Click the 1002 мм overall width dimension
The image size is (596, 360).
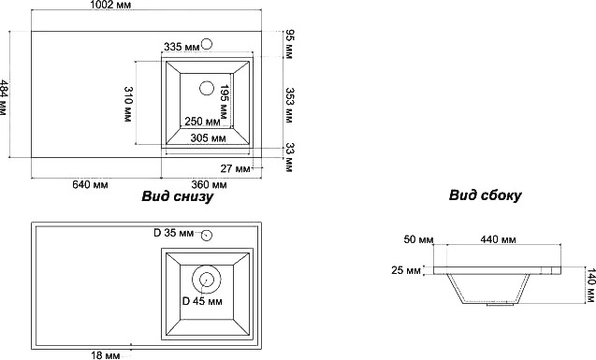tap(110, 4)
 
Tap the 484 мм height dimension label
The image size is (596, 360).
tap(3, 98)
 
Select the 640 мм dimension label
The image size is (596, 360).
tap(90, 184)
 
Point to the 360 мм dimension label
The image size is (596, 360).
tap(209, 184)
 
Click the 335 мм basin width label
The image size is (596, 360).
tap(182, 47)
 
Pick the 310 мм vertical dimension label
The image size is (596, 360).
tap(128, 104)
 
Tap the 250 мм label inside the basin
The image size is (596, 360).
tap(203, 122)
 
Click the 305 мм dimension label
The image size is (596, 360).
tap(209, 138)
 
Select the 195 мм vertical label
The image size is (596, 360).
tap(224, 103)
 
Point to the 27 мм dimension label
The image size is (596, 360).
tap(235, 168)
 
